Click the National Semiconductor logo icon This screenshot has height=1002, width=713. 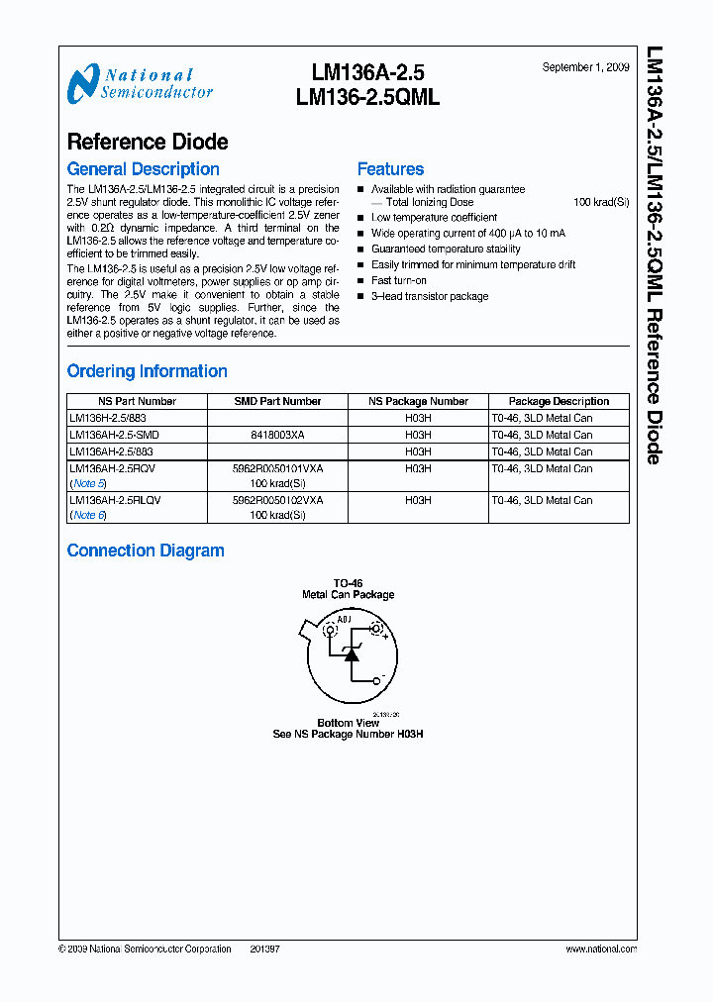83,83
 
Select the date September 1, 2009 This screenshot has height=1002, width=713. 585,67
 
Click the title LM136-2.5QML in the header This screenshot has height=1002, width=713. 367,97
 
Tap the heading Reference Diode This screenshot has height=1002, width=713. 148,143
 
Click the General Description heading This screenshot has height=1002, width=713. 143,169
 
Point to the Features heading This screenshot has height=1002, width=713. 390,169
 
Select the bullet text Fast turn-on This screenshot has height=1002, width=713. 399,280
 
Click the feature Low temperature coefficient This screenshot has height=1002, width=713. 434,217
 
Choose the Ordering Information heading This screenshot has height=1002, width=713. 147,371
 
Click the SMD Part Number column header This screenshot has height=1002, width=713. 277,401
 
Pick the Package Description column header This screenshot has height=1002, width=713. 559,401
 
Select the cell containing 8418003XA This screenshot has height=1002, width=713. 277,435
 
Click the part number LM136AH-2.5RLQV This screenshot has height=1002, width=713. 115,501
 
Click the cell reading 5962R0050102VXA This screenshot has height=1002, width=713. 277,501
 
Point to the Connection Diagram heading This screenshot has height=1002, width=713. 146,551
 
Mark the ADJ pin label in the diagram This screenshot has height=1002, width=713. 344,620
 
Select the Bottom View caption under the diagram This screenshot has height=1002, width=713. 348,723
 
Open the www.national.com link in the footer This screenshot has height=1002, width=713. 600,949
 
